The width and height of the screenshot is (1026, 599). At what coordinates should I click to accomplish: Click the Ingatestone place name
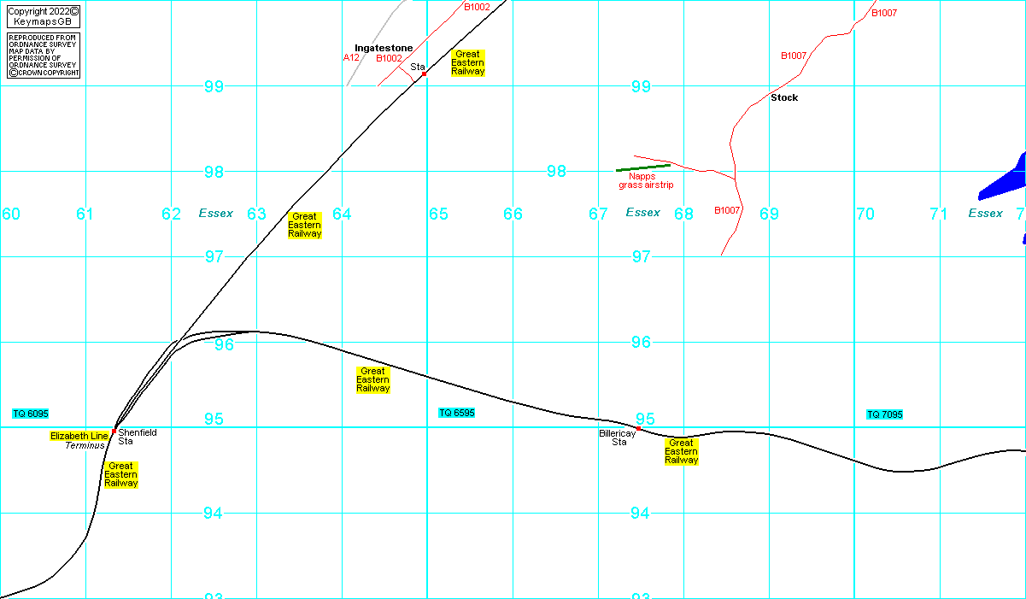pos(384,48)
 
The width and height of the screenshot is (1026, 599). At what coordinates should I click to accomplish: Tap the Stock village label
pos(784,97)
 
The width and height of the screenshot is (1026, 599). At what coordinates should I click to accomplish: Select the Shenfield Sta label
pos(137,437)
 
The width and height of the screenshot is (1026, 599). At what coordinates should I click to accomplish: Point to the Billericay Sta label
pos(613,438)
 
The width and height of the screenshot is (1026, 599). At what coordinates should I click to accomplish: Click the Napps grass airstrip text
pos(646,180)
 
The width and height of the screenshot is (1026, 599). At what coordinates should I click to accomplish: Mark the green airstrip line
pos(643,167)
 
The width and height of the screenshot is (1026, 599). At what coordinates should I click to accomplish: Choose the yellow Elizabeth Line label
pos(79,436)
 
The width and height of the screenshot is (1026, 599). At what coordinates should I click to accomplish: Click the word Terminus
pos(85,445)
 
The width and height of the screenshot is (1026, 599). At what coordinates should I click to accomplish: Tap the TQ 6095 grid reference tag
pos(31,414)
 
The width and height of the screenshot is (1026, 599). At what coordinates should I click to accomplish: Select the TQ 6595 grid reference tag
pos(457,413)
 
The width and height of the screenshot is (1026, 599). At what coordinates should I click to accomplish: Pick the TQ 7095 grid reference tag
pos(885,414)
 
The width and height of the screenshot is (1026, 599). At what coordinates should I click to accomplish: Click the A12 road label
pos(351,58)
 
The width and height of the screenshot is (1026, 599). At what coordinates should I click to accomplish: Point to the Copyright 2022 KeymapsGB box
pos(44,16)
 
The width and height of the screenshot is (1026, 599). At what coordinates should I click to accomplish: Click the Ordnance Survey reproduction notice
pos(44,56)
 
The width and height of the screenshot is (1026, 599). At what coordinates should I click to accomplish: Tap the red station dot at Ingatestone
pos(424,74)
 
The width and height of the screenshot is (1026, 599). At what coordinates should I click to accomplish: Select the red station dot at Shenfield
pos(114,431)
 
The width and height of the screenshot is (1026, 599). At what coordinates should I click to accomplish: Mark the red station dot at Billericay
pos(638,428)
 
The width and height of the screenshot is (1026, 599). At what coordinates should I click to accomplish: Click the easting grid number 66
pos(513,214)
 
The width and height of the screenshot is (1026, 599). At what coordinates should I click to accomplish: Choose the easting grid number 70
pos(865,214)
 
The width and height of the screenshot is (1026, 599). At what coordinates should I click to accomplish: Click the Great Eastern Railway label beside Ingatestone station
pos(467,62)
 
